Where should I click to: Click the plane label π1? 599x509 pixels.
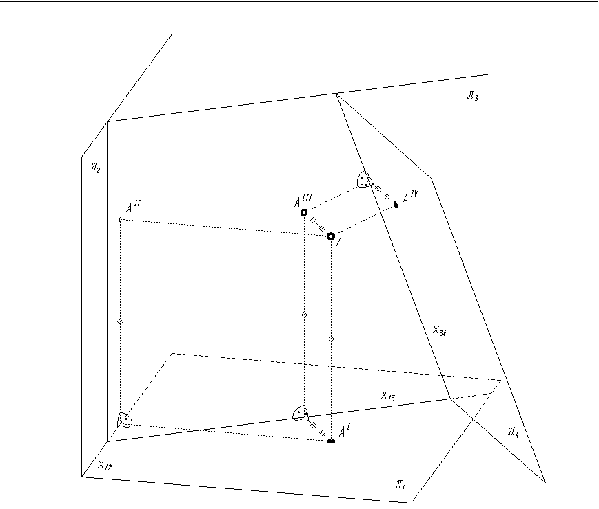click(x=400, y=485)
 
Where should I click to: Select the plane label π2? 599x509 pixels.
click(x=95, y=168)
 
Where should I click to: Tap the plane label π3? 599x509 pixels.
click(x=473, y=96)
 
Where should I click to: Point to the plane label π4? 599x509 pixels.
click(x=514, y=432)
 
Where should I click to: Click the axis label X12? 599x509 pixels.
click(x=105, y=466)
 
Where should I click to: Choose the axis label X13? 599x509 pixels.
click(x=388, y=396)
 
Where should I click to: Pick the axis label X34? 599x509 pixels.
click(x=440, y=331)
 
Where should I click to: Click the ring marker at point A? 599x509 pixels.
click(x=331, y=237)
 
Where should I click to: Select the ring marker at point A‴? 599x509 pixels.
click(x=304, y=212)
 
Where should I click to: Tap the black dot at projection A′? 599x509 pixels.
click(x=331, y=441)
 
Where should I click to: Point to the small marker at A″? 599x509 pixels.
click(x=121, y=219)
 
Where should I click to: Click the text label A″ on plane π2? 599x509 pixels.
click(x=132, y=208)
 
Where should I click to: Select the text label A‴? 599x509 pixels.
click(x=303, y=201)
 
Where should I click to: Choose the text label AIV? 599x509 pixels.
click(x=410, y=197)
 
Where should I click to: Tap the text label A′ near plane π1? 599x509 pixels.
click(x=345, y=432)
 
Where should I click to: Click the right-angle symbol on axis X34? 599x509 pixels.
click(x=365, y=179)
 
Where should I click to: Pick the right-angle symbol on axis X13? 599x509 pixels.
click(x=301, y=414)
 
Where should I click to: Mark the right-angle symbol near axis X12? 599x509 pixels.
click(x=125, y=420)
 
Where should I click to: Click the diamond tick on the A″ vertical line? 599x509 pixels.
click(x=121, y=322)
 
